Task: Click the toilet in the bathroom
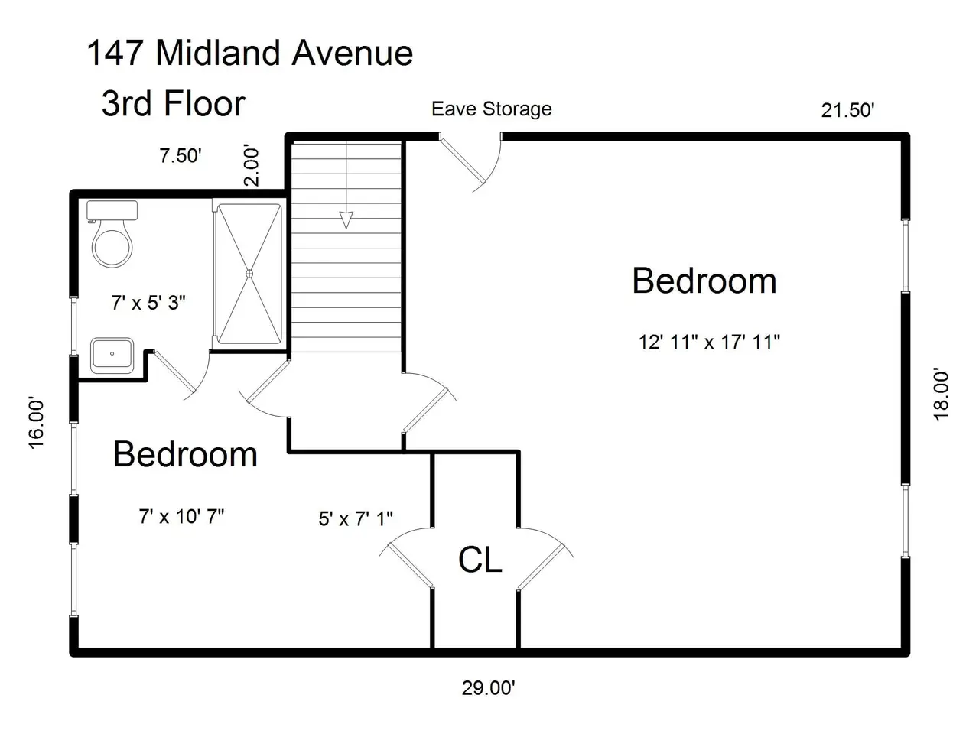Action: (112, 233)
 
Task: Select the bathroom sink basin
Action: (112, 356)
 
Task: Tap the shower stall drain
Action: (249, 274)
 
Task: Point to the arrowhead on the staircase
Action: (346, 220)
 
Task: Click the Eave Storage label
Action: (492, 109)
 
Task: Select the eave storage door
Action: (463, 161)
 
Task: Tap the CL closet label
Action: (480, 560)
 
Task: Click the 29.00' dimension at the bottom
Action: (489, 688)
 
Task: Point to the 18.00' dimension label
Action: (941, 394)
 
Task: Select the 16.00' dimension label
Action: (37, 423)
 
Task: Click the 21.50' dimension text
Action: (847, 110)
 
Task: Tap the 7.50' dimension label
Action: (181, 156)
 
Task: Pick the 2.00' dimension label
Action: (251, 165)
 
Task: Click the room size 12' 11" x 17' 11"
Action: (709, 343)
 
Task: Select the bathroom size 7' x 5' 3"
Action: (148, 303)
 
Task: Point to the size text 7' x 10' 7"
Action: (181, 517)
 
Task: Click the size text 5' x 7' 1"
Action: (356, 518)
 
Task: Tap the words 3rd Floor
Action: (174, 103)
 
